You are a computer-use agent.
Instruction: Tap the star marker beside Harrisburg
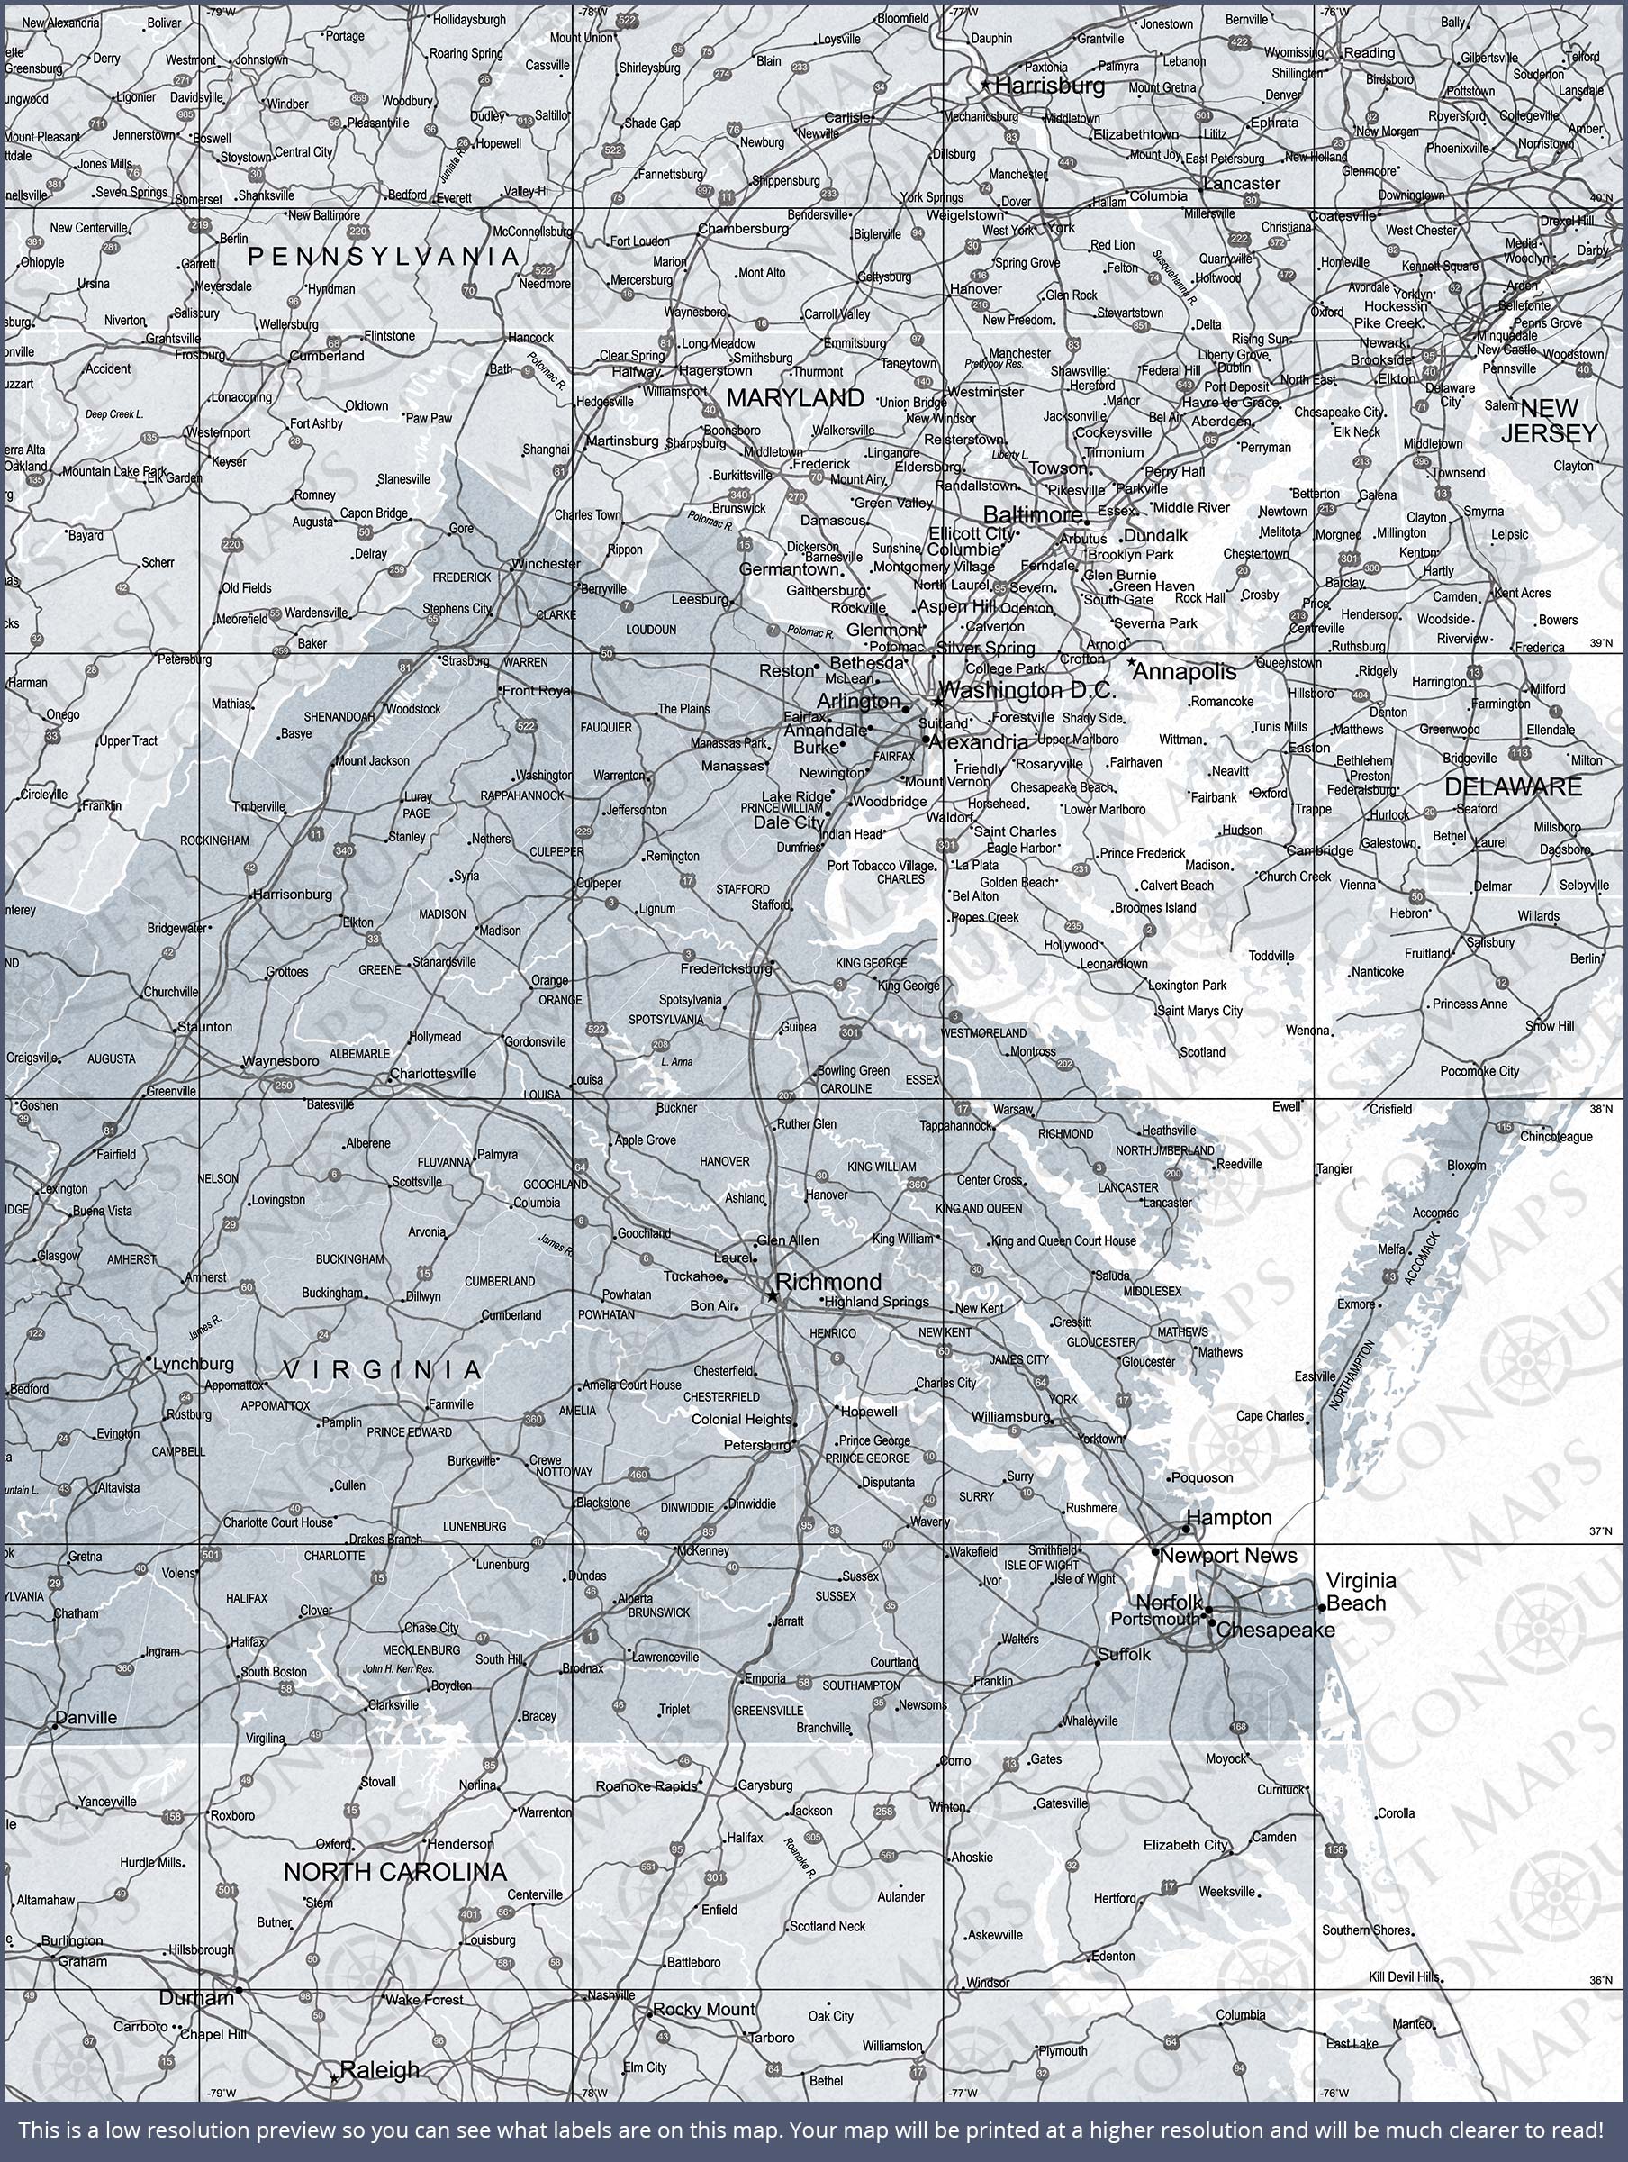[x=985, y=86]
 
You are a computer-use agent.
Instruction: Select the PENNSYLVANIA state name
[x=383, y=256]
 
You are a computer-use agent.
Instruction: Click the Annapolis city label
[x=1184, y=671]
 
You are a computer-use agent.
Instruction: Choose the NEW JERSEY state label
[x=1549, y=421]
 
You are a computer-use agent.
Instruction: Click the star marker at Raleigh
[x=334, y=2078]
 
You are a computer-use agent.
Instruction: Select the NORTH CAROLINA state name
[x=394, y=1872]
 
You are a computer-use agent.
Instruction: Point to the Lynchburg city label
[x=194, y=1364]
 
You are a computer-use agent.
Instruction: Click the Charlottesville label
[x=433, y=1073]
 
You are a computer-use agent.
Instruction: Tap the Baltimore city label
[x=1032, y=514]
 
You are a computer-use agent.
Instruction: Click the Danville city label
[x=86, y=1717]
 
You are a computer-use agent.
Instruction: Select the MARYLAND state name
[x=794, y=398]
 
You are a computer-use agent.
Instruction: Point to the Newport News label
[x=1228, y=1555]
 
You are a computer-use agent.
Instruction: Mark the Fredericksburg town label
[x=726, y=968]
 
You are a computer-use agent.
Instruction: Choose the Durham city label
[x=196, y=1998]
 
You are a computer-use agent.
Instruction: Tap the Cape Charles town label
[x=1270, y=1415]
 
